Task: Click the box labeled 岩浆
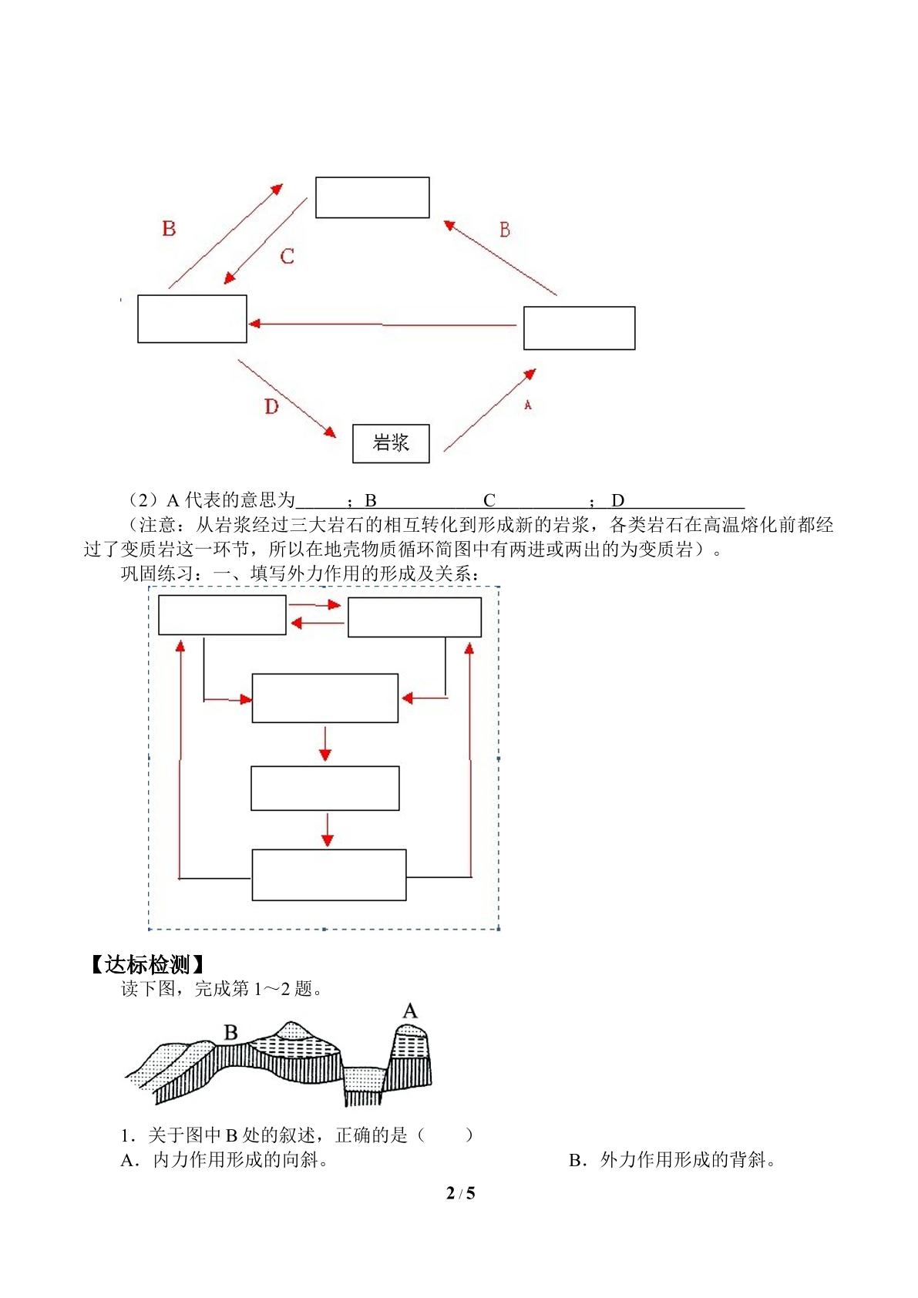pyautogui.click(x=391, y=443)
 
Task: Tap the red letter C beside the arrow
pyautogui.click(x=287, y=256)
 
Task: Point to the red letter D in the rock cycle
pyautogui.click(x=271, y=406)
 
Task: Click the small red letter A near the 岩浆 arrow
pyautogui.click(x=527, y=405)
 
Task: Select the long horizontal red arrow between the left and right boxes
pyautogui.click(x=382, y=324)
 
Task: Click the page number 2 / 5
pyautogui.click(x=460, y=1192)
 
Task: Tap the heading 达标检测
pyautogui.click(x=148, y=964)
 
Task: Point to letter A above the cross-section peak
pyautogui.click(x=410, y=1010)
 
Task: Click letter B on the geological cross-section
pyautogui.click(x=230, y=1032)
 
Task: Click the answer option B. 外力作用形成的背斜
pyautogui.click(x=672, y=1160)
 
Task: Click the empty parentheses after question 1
pyautogui.click(x=445, y=1135)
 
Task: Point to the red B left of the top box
pyautogui.click(x=169, y=228)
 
